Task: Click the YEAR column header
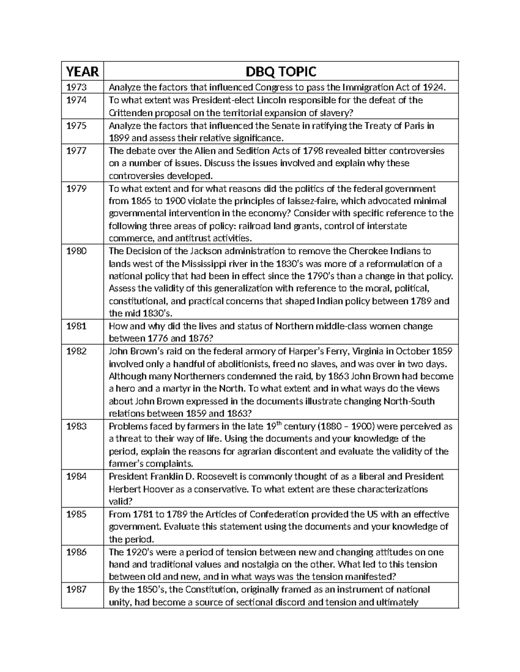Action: click(82, 71)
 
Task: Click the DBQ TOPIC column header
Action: click(281, 71)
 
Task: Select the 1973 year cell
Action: click(76, 87)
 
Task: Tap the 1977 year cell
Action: click(76, 151)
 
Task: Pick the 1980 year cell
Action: click(76, 251)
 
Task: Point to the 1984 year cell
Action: click(76, 477)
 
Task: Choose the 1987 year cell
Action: click(76, 590)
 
